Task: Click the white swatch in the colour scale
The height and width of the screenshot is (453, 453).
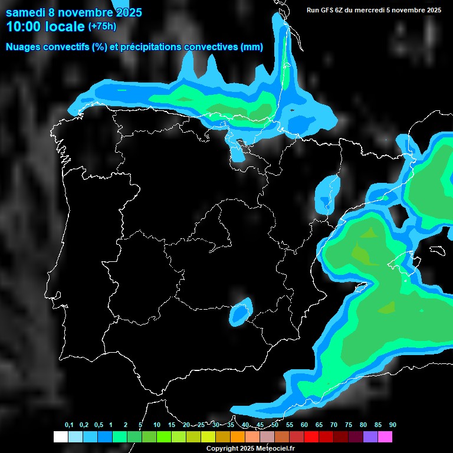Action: coord(61,437)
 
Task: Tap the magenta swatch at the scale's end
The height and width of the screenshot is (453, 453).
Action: coord(385,437)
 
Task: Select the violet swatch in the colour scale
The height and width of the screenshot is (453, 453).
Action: coord(370,437)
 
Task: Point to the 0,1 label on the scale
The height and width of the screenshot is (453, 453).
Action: coord(69,425)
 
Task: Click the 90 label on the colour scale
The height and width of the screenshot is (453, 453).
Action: coord(392,425)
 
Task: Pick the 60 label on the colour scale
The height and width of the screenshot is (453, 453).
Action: coord(304,425)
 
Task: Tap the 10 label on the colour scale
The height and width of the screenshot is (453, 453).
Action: coord(157,425)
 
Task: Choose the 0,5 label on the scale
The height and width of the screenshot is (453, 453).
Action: coord(99,425)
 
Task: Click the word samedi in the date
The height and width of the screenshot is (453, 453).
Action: coord(25,12)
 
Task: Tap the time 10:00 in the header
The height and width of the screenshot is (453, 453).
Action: coord(23,27)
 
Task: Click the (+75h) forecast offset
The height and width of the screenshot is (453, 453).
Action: coord(102,26)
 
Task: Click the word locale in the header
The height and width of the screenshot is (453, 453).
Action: coord(65,27)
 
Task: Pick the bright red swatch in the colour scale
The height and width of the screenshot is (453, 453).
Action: coord(311,437)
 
